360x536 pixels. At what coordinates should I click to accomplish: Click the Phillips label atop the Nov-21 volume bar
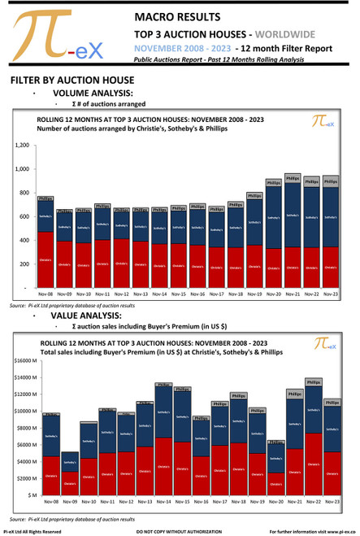(293, 177)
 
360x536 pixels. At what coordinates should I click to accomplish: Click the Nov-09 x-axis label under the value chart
(70, 502)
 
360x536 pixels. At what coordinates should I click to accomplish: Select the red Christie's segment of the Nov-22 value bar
(313, 464)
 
